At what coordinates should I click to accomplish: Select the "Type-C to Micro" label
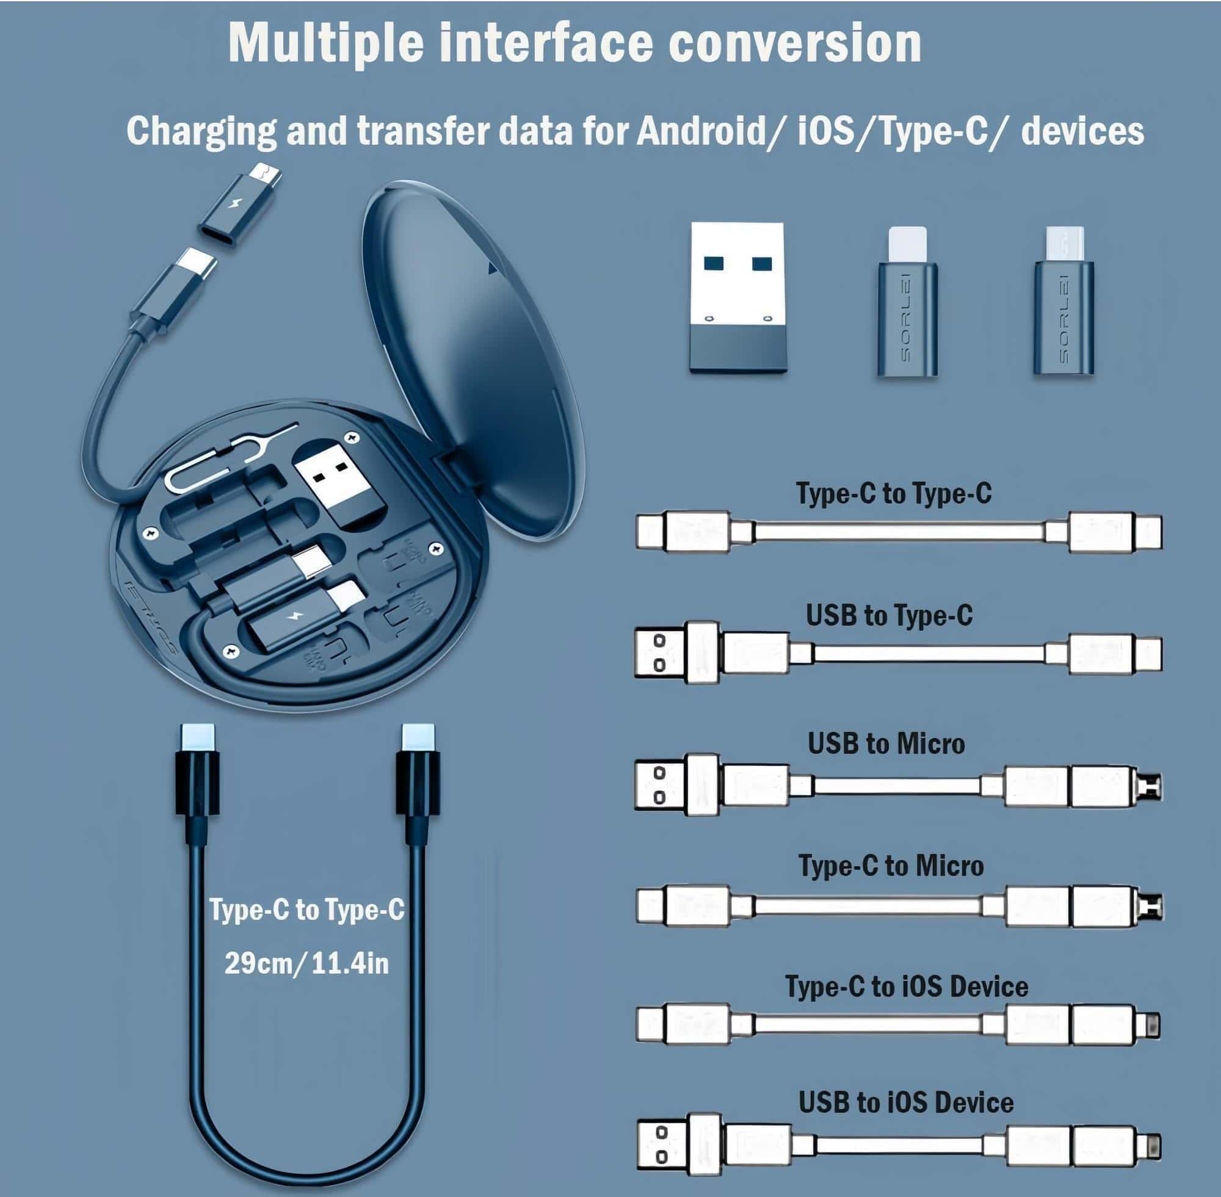(891, 866)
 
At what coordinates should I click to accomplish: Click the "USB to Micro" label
(886, 743)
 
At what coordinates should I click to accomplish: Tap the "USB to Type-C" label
(889, 615)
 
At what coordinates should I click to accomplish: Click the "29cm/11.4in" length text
(307, 963)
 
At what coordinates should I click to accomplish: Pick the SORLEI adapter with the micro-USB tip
(1064, 302)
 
